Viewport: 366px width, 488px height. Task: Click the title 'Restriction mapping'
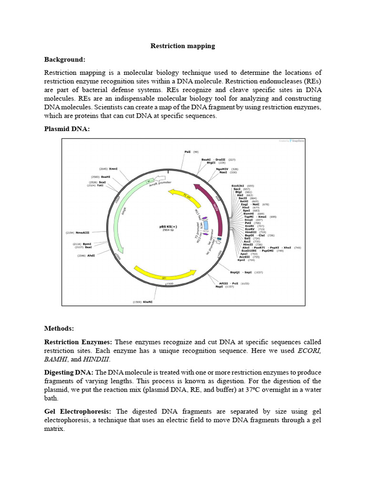pos(183,46)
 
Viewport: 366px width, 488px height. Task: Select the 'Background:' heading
pos(65,60)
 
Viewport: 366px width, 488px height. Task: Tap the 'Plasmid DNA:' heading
pos(67,129)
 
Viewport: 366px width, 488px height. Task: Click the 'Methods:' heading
pos(59,328)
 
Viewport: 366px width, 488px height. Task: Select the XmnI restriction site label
pos(113,169)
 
